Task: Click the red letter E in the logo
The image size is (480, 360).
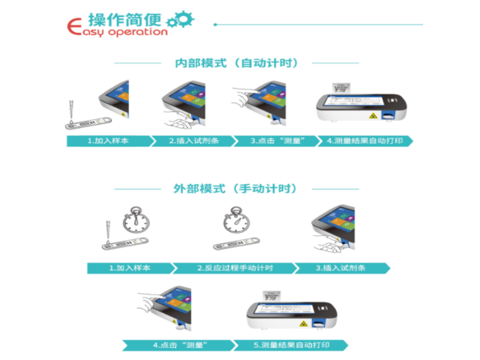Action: pyautogui.click(x=74, y=26)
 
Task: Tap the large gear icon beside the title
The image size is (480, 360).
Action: pyautogui.click(x=184, y=19)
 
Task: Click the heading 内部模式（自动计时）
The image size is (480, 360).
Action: pyautogui.click(x=236, y=63)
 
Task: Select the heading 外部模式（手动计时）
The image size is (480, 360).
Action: pyautogui.click(x=235, y=189)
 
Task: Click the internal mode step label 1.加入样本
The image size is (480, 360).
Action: pyautogui.click(x=108, y=141)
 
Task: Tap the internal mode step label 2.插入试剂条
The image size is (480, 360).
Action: pyautogui.click(x=194, y=141)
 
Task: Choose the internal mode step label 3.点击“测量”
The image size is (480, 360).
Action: pyautogui.click(x=278, y=141)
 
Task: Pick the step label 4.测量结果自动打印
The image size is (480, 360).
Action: pyautogui.click(x=365, y=141)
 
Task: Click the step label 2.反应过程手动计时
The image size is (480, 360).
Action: pyautogui.click(x=235, y=268)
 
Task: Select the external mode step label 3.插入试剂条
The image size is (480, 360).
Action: pyautogui.click(x=341, y=268)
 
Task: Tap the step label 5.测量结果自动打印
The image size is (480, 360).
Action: pyautogui.click(x=291, y=346)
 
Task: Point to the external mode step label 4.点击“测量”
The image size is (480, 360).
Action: pyautogui.click(x=180, y=346)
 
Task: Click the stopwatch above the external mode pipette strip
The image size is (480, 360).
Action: pyautogui.click(x=136, y=220)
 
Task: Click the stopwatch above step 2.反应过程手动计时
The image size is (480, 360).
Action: pyautogui.click(x=236, y=220)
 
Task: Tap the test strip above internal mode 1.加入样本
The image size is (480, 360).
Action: pyautogui.click(x=89, y=122)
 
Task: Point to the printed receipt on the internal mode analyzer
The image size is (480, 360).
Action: pyautogui.click(x=342, y=88)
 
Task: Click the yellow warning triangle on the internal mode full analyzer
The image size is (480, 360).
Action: pyautogui.click(x=373, y=116)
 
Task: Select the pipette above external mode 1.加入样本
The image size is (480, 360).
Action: pyautogui.click(x=108, y=232)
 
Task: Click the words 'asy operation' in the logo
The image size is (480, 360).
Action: pyautogui.click(x=125, y=32)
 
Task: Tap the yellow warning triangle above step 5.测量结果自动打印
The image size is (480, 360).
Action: pyautogui.click(x=303, y=323)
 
